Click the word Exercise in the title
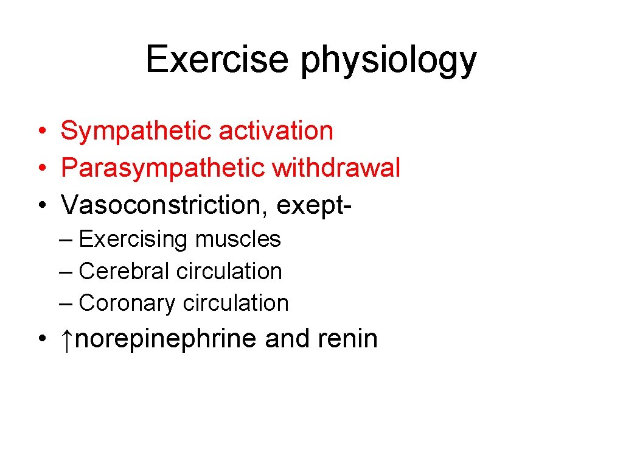coord(217,60)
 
